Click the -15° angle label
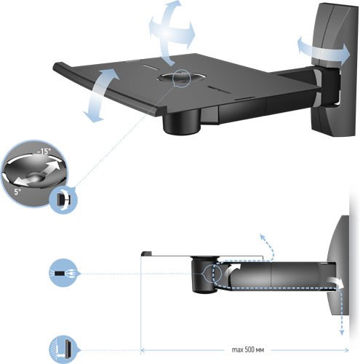click(44, 151)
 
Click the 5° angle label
click(17, 191)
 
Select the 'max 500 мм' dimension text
click(248, 349)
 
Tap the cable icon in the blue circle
click(63, 273)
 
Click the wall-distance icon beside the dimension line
click(63, 349)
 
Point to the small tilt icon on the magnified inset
click(63, 200)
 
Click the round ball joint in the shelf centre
click(181, 78)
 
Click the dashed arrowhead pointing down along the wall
click(342, 332)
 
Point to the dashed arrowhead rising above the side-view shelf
click(262, 237)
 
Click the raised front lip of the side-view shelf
click(146, 253)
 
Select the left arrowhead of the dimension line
click(143, 350)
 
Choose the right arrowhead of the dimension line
click(347, 350)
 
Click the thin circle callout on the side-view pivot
click(212, 274)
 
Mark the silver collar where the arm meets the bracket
click(318, 88)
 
